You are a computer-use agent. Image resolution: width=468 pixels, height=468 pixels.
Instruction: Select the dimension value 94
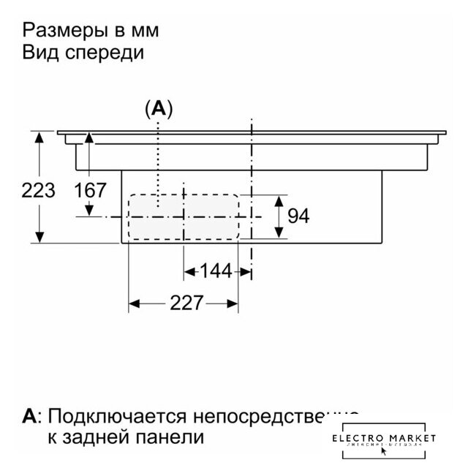(x=298, y=216)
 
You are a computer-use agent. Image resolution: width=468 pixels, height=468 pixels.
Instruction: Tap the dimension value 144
(x=216, y=271)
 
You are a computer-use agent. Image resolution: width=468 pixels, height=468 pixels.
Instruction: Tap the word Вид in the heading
(x=40, y=53)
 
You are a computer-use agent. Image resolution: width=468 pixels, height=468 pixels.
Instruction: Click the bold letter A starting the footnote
(x=29, y=417)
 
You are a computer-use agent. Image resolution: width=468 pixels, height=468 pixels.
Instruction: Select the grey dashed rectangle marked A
(x=183, y=216)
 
